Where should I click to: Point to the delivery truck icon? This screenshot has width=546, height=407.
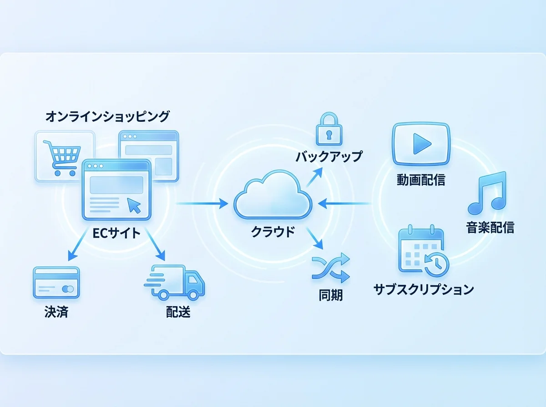[177, 283]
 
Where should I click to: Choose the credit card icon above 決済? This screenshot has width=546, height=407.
[56, 283]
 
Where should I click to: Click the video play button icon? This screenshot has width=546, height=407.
[421, 144]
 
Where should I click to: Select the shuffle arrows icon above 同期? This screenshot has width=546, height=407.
[331, 268]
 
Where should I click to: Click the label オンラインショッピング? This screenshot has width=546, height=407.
[107, 117]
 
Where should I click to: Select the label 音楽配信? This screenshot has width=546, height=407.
[490, 227]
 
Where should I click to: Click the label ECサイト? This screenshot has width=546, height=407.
[117, 233]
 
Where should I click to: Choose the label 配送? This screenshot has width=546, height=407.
[178, 313]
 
